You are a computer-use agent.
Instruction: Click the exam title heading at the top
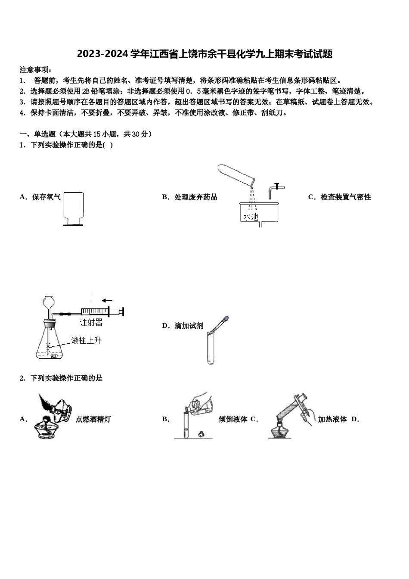[204, 54]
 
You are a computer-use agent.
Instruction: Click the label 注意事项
[35, 70]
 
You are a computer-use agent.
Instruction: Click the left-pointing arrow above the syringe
[107, 300]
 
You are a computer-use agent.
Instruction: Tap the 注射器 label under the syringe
[91, 322]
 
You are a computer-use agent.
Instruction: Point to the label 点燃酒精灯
[93, 419]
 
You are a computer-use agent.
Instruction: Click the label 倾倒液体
[232, 419]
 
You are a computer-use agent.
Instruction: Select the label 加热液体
[332, 419]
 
